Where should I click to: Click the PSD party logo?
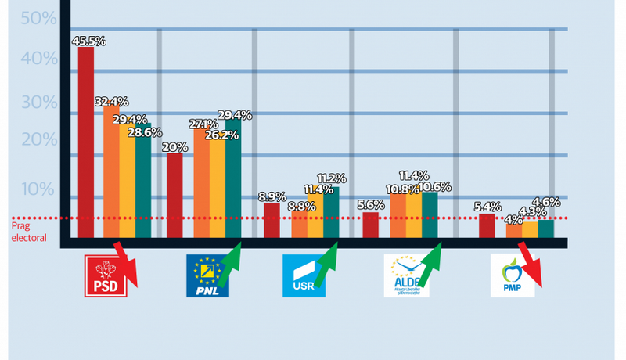tap(106, 274)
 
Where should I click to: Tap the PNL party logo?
tap(207, 275)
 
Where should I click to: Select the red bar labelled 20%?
tap(174, 196)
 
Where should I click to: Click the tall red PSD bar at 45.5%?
tap(86, 141)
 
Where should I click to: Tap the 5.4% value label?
tap(487, 207)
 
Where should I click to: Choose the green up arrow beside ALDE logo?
tap(429, 263)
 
